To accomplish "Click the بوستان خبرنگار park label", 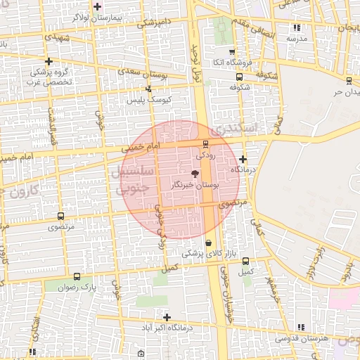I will coord(195,184).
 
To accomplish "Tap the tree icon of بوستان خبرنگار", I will coord(195,173).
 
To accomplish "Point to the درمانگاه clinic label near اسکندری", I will coord(243,170).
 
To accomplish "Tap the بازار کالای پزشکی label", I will coord(206,253).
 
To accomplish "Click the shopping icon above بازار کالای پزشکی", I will coord(207,243).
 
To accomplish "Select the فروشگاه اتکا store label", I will coord(232,63).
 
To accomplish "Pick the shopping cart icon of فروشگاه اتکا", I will coord(232,51).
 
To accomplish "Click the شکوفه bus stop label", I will coord(240,88).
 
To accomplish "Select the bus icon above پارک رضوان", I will coord(77,276).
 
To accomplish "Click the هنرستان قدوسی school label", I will coord(301,338).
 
